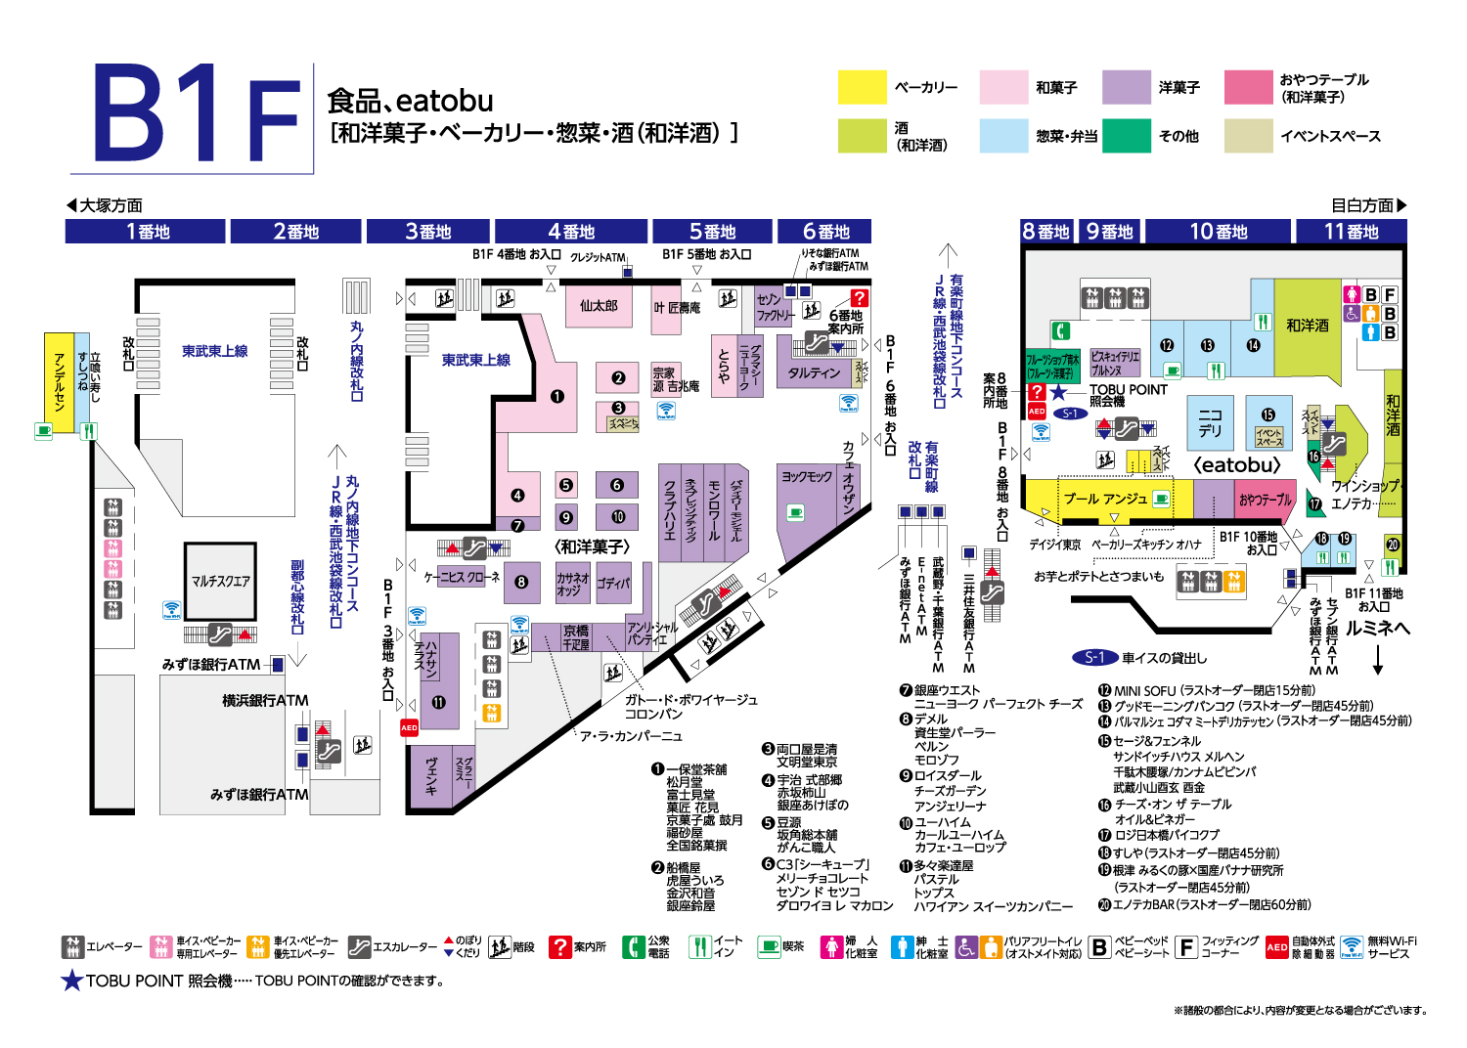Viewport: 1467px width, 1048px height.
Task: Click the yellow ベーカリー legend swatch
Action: point(862,87)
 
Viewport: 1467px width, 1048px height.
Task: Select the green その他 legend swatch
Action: point(1127,136)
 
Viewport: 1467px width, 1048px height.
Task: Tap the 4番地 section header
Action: point(571,232)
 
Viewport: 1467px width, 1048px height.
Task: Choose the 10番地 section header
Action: point(1219,232)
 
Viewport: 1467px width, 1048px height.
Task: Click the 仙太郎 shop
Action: point(599,306)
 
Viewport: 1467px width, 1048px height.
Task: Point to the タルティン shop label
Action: point(814,372)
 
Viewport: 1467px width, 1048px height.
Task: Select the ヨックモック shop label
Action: point(807,476)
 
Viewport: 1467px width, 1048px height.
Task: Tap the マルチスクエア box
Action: point(220,581)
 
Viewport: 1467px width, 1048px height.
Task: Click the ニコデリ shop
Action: point(1210,422)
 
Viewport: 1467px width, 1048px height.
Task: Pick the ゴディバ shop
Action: point(613,584)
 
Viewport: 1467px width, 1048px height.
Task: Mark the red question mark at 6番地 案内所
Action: point(859,298)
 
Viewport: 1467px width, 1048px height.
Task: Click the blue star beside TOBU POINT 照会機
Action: point(1058,392)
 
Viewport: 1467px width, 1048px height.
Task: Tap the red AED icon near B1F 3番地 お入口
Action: point(409,727)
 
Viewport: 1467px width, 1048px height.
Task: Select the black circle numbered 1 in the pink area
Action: point(557,396)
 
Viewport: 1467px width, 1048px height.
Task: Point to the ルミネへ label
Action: point(1377,628)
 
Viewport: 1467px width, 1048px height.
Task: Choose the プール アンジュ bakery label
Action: point(1105,499)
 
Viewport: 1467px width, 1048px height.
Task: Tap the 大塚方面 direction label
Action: point(105,205)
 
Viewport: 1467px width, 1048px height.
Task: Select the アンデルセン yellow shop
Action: point(59,381)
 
